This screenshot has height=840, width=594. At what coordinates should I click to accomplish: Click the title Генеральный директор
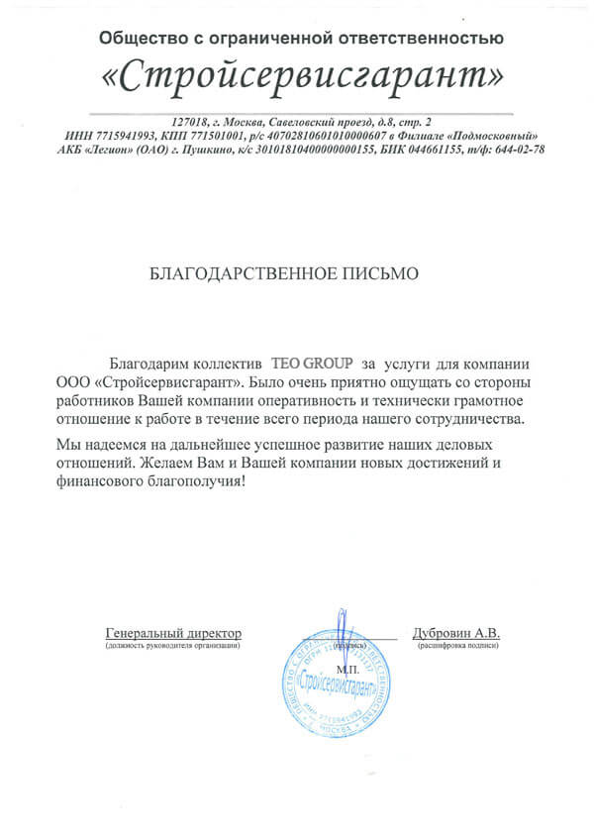[172, 632]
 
